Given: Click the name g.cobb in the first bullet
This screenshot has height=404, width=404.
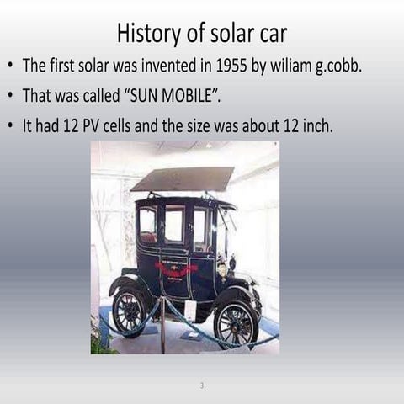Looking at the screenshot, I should pyautogui.click(x=338, y=66).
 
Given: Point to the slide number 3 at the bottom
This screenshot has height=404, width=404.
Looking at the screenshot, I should pyautogui.click(x=202, y=386).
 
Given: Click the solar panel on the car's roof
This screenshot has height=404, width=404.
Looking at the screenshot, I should pyautogui.click(x=182, y=179).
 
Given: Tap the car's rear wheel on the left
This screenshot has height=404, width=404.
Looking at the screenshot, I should pyautogui.click(x=130, y=312).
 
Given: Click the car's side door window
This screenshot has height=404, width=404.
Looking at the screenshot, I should pyautogui.click(x=174, y=224).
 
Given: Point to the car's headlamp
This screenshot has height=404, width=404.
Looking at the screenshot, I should pyautogui.click(x=222, y=268).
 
